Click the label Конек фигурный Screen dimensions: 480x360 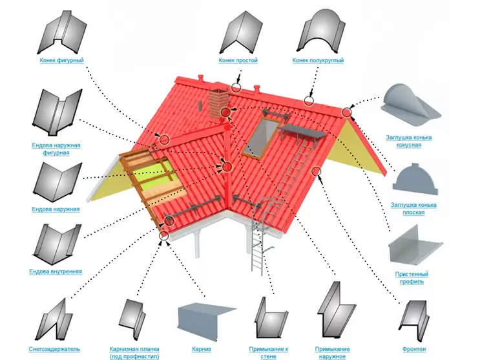(x=61, y=60)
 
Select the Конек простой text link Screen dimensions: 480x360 (x=238, y=60)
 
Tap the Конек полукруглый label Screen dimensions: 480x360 (x=318, y=60)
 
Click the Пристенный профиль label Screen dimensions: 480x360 (x=412, y=277)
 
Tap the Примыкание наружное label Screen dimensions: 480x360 (x=332, y=353)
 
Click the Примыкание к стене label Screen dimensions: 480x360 (x=269, y=353)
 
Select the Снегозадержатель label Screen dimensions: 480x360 (x=54, y=349)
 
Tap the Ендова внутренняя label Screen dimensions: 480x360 (x=56, y=271)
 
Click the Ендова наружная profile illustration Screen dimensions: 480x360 (x=57, y=182)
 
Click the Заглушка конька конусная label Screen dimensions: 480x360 (x=409, y=142)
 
